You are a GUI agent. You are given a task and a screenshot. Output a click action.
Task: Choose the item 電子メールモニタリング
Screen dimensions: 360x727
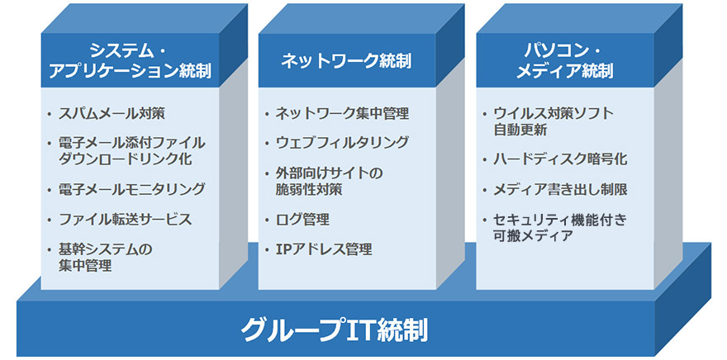(132, 189)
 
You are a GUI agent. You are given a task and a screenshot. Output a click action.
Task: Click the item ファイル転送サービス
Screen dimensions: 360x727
(126, 219)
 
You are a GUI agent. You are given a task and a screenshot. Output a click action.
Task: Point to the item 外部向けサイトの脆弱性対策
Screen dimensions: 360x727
(329, 181)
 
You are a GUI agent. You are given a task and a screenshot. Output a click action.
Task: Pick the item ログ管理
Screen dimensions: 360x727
(302, 219)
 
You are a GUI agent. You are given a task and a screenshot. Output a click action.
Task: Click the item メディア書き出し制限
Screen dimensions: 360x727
(560, 189)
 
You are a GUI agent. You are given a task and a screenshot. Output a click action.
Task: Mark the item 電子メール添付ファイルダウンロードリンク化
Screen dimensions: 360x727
(132, 151)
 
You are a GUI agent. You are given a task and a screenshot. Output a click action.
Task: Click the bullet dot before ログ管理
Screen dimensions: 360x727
(267, 220)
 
